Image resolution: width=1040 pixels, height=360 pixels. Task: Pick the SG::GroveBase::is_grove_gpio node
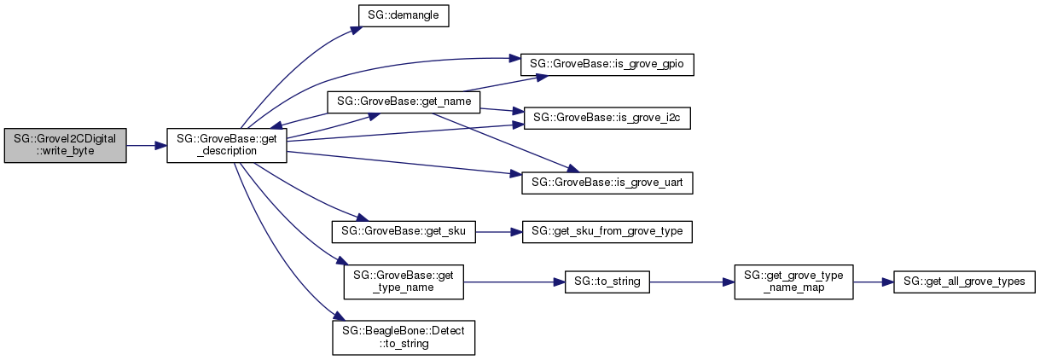point(607,65)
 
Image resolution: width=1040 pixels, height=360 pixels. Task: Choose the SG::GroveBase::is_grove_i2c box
point(607,119)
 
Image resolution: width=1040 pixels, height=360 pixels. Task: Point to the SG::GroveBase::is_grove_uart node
point(607,182)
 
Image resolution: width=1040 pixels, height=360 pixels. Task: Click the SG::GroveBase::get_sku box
point(403,231)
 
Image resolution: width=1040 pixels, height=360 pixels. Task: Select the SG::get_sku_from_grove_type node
point(607,231)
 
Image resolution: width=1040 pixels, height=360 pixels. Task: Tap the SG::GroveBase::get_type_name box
point(403,282)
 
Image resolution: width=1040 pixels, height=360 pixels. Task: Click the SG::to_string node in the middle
point(607,282)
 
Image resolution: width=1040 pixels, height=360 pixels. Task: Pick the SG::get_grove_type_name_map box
point(793,282)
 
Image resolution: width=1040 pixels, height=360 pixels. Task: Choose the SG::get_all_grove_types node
point(964,282)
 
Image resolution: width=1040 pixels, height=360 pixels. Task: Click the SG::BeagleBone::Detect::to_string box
point(403,336)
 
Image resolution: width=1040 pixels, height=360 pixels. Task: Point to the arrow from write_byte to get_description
point(146,146)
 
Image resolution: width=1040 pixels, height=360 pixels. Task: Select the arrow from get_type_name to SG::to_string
point(513,282)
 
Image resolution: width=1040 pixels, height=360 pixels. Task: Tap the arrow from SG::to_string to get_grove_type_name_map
point(692,282)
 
